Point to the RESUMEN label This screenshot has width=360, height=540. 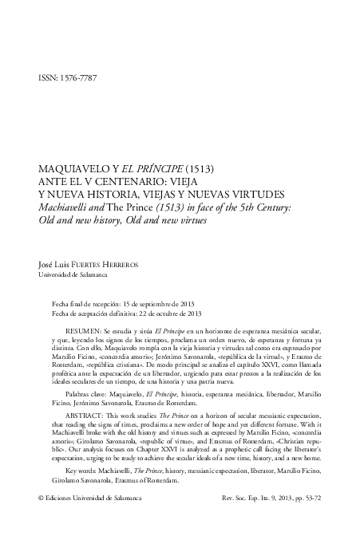coord(84,330)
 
